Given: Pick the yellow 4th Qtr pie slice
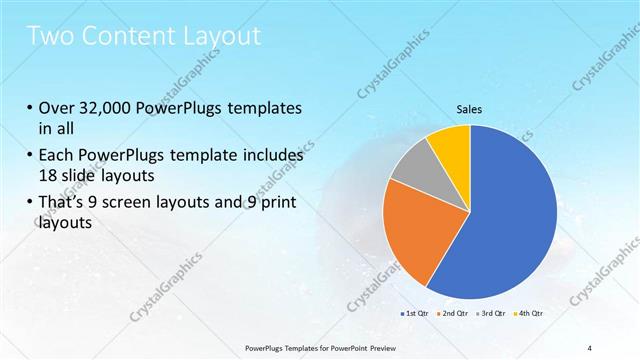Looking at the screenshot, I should pos(449,148).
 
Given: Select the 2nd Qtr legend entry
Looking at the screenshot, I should pos(453,313).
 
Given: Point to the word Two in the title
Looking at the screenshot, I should pos(50,36).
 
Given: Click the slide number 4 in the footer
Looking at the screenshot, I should pos(591,347).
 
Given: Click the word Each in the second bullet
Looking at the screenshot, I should pos(57,156).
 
